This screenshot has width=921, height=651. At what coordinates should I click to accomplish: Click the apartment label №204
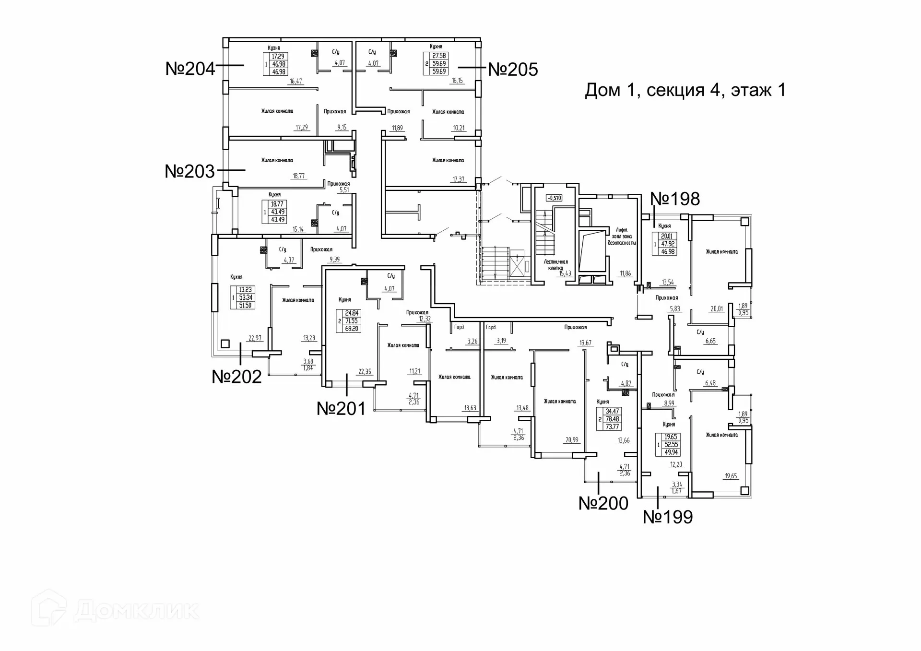(190, 69)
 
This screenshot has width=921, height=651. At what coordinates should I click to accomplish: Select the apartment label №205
(513, 70)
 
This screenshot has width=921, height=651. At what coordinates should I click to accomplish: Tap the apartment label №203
(189, 171)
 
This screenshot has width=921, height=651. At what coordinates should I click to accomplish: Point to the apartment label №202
(236, 377)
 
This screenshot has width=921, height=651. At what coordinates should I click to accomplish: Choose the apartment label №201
(341, 409)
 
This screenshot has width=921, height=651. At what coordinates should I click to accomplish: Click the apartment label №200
(603, 503)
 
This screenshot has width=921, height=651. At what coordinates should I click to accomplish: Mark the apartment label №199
(668, 517)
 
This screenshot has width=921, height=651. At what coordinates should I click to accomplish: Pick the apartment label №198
(675, 199)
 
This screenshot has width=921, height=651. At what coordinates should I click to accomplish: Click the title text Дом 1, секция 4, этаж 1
(685, 90)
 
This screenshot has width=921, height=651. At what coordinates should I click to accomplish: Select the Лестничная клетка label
(555, 265)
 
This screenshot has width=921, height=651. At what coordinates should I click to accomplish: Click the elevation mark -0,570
(554, 198)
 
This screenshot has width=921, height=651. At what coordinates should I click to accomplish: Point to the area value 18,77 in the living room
(298, 176)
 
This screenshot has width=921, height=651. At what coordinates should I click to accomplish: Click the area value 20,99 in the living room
(572, 440)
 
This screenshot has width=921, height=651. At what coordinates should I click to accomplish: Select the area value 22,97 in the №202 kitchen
(255, 338)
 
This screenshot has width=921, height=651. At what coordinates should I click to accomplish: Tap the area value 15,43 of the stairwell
(565, 273)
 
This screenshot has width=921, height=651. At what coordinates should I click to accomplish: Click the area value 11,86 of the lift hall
(625, 273)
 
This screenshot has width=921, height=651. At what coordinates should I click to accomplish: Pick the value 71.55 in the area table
(351, 321)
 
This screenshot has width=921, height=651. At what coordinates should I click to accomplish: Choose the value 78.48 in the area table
(612, 419)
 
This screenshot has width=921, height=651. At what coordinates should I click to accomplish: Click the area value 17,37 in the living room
(458, 179)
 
